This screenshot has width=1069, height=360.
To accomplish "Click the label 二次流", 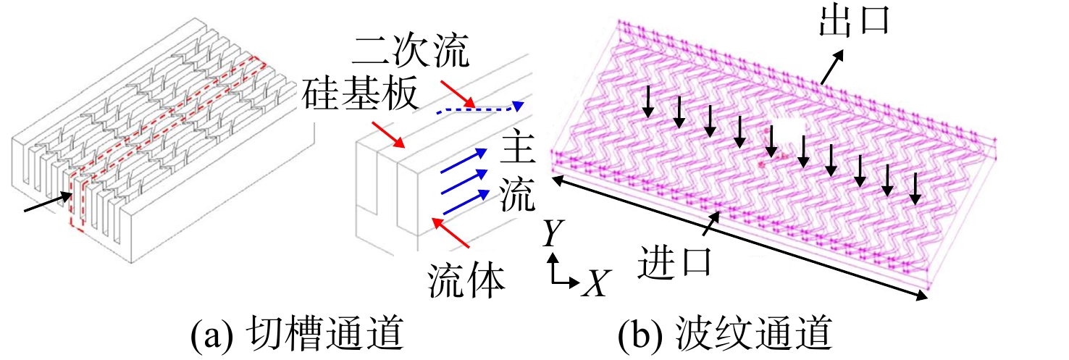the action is (x=411, y=50).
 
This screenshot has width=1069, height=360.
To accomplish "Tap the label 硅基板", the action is (x=361, y=93).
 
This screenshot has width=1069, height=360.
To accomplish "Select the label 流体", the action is (x=466, y=281).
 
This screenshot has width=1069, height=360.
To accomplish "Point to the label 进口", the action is (x=675, y=261).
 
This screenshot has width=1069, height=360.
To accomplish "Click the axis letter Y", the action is (x=553, y=233).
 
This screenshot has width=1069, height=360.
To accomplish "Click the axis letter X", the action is (x=596, y=284).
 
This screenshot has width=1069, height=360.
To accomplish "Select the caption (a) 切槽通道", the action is (x=298, y=333).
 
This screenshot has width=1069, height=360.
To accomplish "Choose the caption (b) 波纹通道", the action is (x=726, y=333).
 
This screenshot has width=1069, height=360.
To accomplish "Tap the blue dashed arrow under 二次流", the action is (x=480, y=109).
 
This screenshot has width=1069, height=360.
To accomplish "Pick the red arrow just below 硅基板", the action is (x=388, y=135).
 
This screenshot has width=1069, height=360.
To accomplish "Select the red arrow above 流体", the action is (x=450, y=233).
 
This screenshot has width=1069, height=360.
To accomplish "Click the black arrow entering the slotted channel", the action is (x=49, y=202).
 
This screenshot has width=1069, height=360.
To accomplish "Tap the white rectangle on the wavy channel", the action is (x=789, y=131).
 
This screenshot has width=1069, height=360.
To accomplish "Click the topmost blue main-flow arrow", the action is (x=464, y=160).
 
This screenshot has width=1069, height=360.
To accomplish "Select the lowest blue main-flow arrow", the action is (x=466, y=202).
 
